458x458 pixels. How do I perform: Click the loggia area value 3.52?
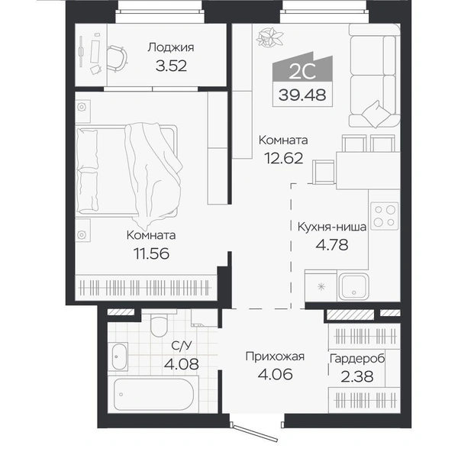[x=171, y=66]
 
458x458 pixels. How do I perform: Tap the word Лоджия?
[x=171, y=47]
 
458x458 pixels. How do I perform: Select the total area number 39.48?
[x=302, y=95]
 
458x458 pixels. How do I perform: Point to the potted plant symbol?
[x=269, y=37]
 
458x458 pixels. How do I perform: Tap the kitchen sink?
[x=353, y=286]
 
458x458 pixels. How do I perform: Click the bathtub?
[x=153, y=395]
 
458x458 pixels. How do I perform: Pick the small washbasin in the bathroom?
[x=120, y=356]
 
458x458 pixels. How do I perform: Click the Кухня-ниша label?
[x=332, y=227]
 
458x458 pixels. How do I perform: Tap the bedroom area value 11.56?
[x=151, y=253]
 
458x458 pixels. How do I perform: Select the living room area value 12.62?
[x=284, y=158]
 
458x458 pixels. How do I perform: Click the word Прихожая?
[x=275, y=356]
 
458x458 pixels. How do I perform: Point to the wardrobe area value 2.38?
[x=357, y=376]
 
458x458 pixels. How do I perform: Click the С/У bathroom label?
[x=182, y=346]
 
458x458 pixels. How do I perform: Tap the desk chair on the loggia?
[x=118, y=58]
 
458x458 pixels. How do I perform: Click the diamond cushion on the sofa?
[x=376, y=114]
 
